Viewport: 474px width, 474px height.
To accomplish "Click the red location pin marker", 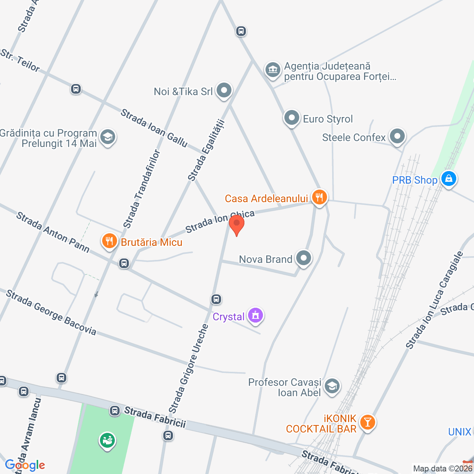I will point(237,224).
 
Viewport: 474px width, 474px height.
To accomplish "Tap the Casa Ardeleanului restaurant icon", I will point(319,197).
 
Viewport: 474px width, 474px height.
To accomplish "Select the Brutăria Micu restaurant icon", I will point(109,241).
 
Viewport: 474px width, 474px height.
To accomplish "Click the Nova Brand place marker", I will point(304,258).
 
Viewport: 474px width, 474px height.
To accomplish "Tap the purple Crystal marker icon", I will point(255,316).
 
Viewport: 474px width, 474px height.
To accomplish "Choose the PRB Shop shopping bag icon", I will point(448,179).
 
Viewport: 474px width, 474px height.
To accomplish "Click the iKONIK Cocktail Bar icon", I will point(367,422).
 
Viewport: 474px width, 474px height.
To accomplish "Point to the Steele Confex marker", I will point(397,136).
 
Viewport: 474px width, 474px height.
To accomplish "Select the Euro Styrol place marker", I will point(291,118).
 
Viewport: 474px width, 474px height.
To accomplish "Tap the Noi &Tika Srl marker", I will point(224,90).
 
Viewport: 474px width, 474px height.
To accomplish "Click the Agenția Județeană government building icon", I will point(273,70).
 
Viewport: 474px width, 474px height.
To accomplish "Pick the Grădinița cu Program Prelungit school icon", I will point(107,137).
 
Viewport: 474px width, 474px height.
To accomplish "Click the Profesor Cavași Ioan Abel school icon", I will point(332,387).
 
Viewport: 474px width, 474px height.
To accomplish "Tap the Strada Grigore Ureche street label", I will point(189,369).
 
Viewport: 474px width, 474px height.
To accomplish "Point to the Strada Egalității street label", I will point(206,150).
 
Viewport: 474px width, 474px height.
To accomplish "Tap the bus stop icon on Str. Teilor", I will point(76,89).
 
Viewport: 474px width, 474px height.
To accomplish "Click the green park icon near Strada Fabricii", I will point(107,441).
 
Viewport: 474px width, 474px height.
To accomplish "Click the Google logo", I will point(25,465).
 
